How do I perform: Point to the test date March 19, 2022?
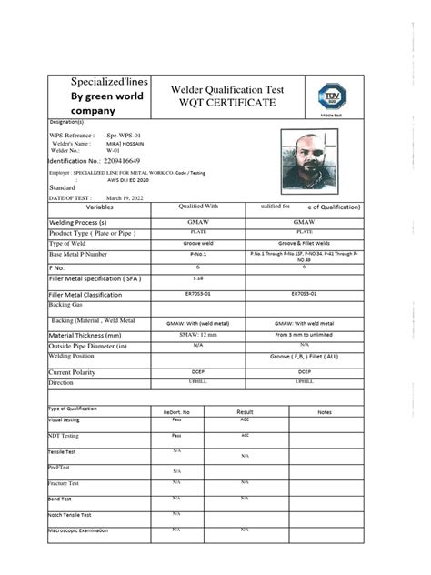click(x=125, y=197)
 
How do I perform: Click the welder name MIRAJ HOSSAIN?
click(x=118, y=143)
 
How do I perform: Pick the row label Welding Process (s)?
click(x=78, y=222)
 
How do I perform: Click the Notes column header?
click(x=325, y=411)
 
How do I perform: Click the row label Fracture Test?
click(x=64, y=482)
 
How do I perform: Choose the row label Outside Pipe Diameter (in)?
click(x=87, y=346)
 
